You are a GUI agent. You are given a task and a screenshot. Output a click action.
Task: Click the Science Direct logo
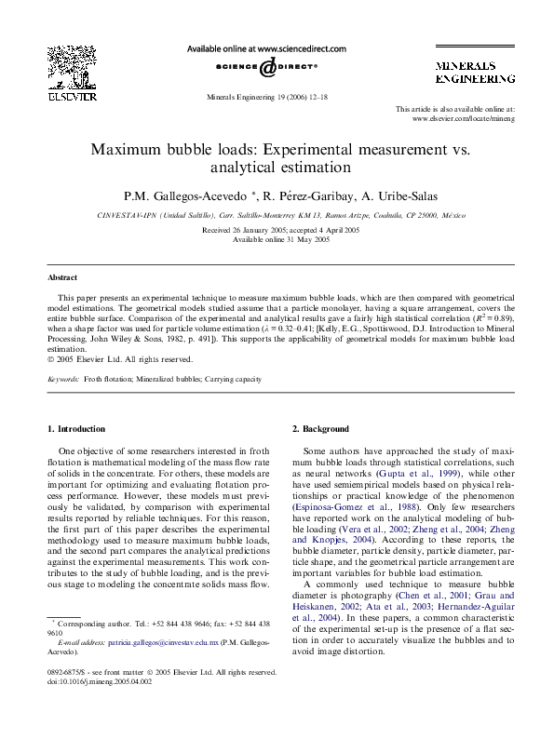click(x=267, y=68)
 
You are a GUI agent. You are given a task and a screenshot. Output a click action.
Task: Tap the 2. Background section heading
click(x=321, y=429)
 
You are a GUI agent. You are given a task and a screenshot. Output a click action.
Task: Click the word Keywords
click(x=62, y=380)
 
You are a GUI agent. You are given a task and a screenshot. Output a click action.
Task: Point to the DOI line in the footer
click(x=94, y=680)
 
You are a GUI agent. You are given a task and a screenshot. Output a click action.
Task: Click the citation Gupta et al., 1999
click(x=410, y=473)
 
